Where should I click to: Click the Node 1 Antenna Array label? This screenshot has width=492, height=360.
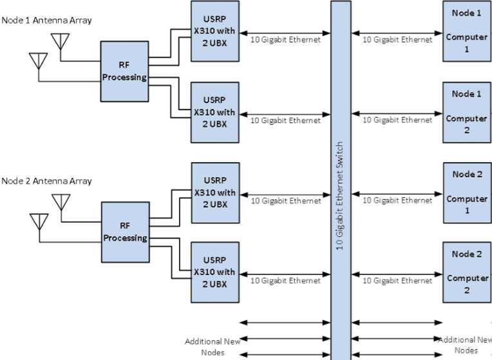click(46, 20)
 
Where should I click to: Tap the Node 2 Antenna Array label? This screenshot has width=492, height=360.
click(46, 180)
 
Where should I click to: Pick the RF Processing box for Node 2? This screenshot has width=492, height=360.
click(124, 232)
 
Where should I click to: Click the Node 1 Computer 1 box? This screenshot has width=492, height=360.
click(466, 31)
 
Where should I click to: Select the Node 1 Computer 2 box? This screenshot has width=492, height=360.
click(466, 112)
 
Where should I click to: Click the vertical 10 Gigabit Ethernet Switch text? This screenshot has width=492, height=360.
click(341, 193)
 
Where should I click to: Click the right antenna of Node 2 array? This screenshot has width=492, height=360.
click(61, 203)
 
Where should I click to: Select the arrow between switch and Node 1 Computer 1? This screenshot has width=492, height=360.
click(397, 31)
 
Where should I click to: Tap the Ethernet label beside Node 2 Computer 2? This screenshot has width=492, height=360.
click(397, 281)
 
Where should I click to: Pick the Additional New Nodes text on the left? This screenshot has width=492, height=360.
click(212, 346)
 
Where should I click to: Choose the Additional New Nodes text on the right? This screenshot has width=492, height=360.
click(465, 345)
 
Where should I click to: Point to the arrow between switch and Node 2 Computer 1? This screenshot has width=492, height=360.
click(397, 192)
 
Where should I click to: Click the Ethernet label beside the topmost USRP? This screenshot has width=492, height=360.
click(285, 40)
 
